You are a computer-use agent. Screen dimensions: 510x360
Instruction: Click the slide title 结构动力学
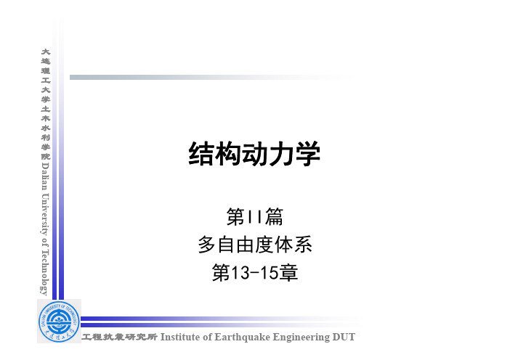pyautogui.click(x=254, y=154)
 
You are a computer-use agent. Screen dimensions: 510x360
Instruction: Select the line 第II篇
pyautogui.click(x=255, y=217)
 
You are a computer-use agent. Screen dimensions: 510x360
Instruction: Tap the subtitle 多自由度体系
pyautogui.click(x=255, y=245)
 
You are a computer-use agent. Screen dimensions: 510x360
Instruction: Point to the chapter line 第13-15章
pyautogui.click(x=255, y=273)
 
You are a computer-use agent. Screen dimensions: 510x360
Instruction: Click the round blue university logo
pyautogui.click(x=59, y=321)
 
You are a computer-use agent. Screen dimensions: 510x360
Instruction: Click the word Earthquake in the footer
pyautogui.click(x=242, y=337)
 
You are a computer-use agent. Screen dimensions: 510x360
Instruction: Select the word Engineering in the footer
pyautogui.click(x=301, y=337)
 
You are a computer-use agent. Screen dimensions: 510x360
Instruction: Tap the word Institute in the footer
pyautogui.click(x=180, y=337)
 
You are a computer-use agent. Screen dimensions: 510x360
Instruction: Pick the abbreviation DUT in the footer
pyautogui.click(x=344, y=337)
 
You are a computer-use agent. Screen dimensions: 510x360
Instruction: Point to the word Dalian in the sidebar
pyautogui.click(x=45, y=176)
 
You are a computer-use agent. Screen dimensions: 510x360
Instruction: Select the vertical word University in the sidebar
pyautogui.click(x=45, y=214)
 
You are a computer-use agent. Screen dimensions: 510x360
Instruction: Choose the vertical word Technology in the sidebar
pyautogui.click(x=44, y=272)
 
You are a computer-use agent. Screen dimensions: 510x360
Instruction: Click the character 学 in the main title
pyautogui.click(x=308, y=154)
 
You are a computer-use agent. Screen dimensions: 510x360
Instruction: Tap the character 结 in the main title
pyautogui.click(x=201, y=154)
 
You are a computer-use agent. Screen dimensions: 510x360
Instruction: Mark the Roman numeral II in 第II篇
pyautogui.click(x=255, y=217)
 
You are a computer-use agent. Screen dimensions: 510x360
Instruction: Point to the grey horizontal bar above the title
pyautogui.click(x=211, y=78)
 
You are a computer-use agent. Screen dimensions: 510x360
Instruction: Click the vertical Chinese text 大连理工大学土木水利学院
pyautogui.click(x=46, y=104)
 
